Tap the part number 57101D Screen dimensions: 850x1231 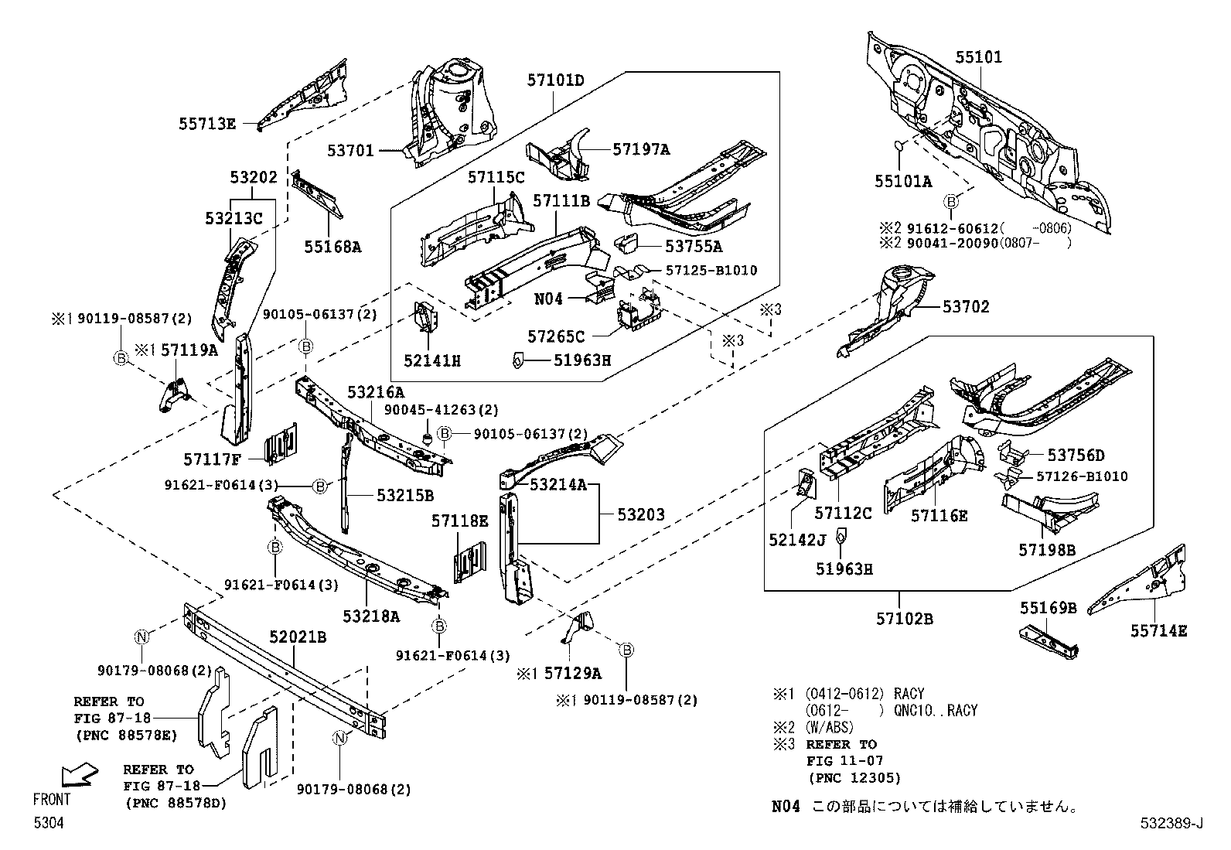tap(556, 80)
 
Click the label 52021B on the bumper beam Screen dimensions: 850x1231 tap(298, 637)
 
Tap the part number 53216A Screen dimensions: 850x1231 tap(375, 393)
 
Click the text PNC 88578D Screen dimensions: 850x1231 tap(176, 804)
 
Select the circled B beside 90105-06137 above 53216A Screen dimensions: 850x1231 tap(306, 346)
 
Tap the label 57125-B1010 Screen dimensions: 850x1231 tap(711, 270)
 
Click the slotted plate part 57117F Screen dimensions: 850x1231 tap(280, 444)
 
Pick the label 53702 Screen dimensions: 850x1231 tap(966, 306)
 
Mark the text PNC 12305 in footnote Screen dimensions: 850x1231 tap(854, 778)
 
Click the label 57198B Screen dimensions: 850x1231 tap(1047, 550)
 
